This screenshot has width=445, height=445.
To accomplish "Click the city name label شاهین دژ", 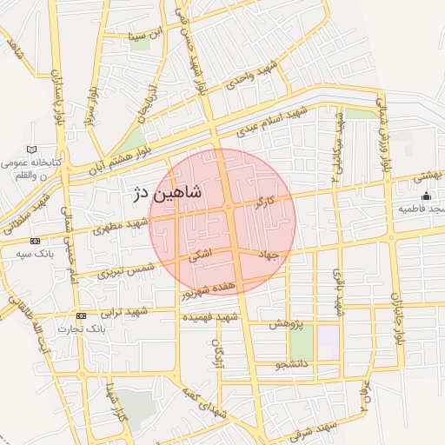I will (x=166, y=194).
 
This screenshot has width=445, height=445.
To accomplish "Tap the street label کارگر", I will (x=264, y=204).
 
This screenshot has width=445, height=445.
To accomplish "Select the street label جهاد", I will (x=266, y=254).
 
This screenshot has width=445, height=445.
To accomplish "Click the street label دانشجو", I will (x=291, y=366).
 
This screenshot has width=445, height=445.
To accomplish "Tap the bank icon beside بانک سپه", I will (x=35, y=241).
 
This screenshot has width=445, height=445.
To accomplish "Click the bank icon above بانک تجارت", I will (x=81, y=315).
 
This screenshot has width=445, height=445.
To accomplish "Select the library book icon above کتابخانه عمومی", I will (x=32, y=149).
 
